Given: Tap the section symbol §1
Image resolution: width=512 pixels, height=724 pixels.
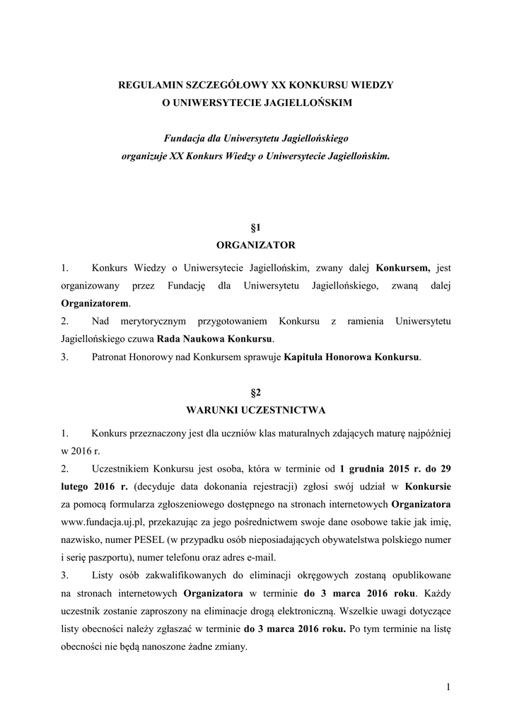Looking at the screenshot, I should (x=256, y=227).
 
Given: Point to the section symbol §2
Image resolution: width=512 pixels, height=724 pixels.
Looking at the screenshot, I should (x=256, y=391).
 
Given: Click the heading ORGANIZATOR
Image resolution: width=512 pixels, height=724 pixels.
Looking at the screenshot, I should (x=255, y=245).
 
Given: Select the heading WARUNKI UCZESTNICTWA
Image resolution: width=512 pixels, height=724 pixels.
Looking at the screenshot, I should (x=255, y=409).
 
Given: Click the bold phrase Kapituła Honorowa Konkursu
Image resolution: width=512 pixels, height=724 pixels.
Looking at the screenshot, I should (x=351, y=357).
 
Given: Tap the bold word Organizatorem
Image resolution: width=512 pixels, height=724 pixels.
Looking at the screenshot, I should (x=96, y=303).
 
